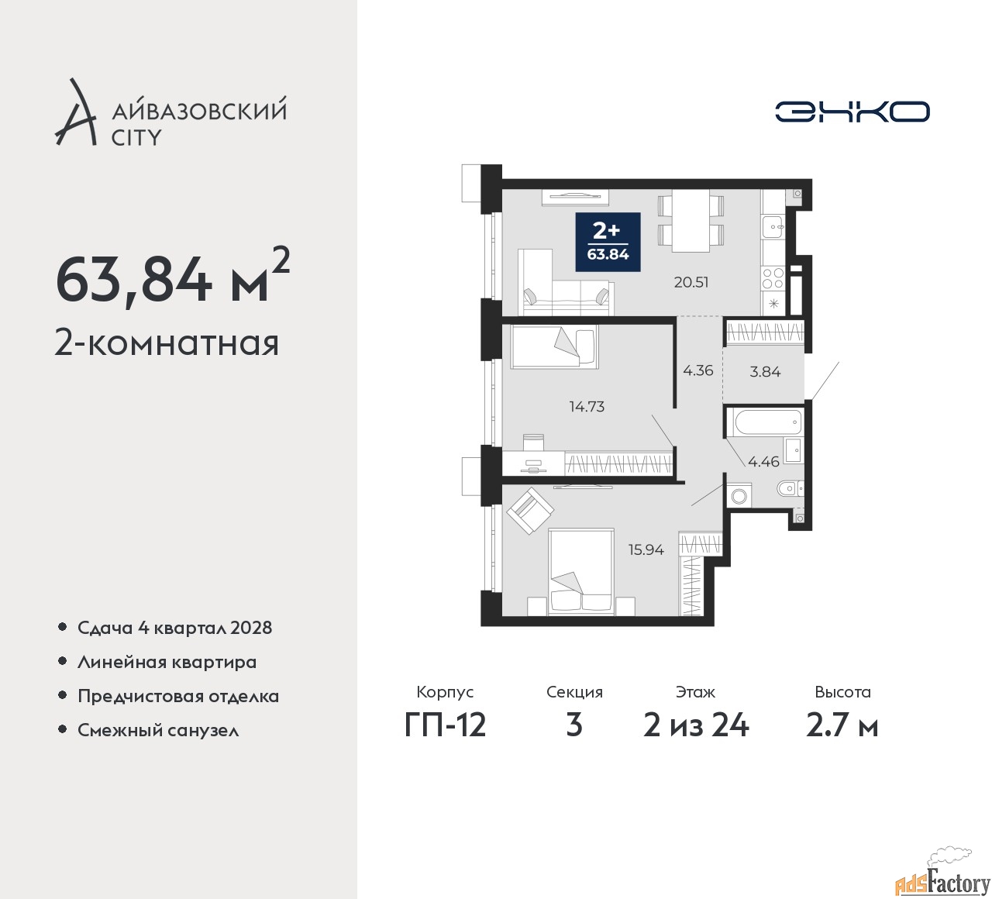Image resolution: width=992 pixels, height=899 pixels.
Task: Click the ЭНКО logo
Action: [x=852, y=112]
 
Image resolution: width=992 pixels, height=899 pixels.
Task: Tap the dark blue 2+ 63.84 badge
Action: [x=608, y=242]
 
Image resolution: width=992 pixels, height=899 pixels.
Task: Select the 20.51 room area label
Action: [x=691, y=282]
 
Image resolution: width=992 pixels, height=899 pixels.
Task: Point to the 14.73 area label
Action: [x=587, y=406]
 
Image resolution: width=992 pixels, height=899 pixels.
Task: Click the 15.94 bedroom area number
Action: [x=646, y=549]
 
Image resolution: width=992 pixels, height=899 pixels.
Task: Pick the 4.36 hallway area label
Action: [x=698, y=370]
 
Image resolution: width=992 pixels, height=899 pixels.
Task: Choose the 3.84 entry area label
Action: [x=765, y=371]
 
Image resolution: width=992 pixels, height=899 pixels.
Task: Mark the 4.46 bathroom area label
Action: [x=763, y=462]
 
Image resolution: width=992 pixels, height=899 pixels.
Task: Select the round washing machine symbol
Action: [x=739, y=496]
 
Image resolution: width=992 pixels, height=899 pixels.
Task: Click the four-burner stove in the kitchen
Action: [x=773, y=278]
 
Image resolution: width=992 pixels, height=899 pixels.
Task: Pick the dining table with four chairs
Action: [x=691, y=221]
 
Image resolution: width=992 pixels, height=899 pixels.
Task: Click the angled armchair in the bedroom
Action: [x=529, y=511]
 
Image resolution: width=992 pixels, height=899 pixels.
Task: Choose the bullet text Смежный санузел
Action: [x=158, y=730]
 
